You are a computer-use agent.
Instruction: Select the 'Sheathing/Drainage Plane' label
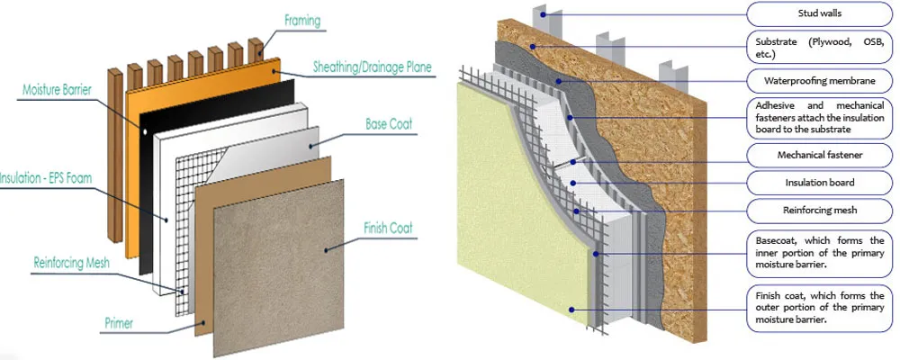tap(370, 67)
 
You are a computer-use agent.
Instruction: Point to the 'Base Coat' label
tap(388, 124)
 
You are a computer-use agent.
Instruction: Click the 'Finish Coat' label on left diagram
tap(388, 229)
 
